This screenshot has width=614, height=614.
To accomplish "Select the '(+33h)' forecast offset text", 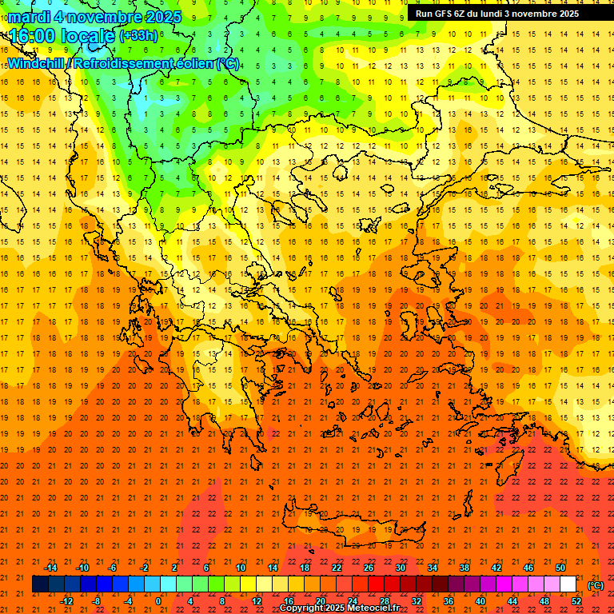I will [138, 36].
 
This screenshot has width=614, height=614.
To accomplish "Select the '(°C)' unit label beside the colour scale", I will [596, 585].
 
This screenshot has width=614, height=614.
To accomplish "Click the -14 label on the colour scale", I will [50, 568].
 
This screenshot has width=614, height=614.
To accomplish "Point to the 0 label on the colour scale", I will [158, 601].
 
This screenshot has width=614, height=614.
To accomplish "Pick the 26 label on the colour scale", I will [369, 568].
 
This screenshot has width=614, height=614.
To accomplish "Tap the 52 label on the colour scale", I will [576, 601].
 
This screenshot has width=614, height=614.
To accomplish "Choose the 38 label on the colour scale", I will [464, 568].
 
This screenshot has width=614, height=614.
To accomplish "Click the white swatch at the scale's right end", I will [568, 584].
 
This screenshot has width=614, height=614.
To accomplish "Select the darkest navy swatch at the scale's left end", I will [40, 584].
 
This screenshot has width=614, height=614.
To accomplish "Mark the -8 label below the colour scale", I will [98, 601].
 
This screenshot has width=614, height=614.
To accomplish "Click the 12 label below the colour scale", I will [257, 601].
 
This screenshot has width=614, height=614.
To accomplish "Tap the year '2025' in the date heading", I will [158, 17].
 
